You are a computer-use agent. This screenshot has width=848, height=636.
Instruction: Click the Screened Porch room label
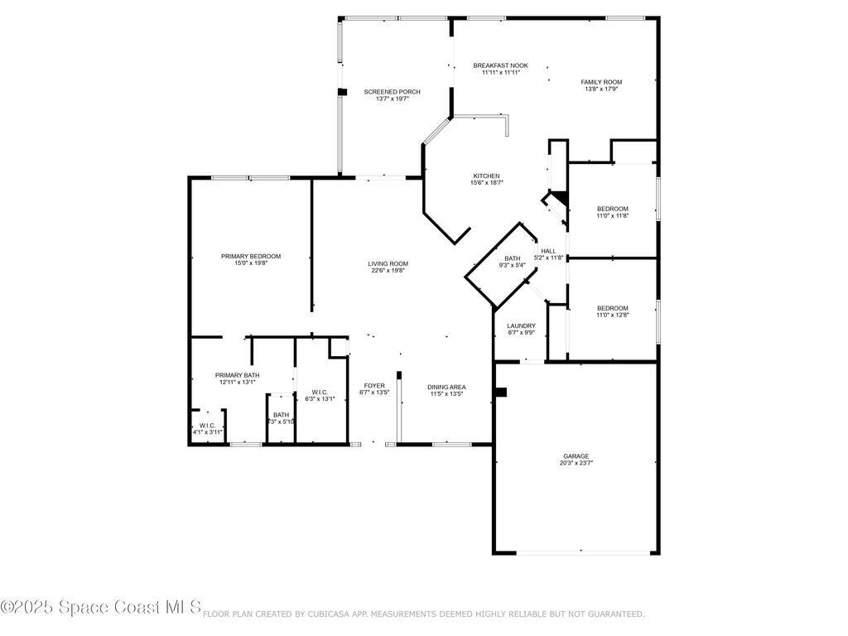pos(393,92)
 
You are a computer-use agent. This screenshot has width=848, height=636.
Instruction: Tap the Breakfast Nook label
pos(500,65)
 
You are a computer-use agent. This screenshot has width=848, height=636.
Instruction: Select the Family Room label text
pos(601,82)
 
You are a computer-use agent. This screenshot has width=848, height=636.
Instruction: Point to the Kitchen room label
pos(486,176)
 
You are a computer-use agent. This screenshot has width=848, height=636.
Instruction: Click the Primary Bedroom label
pos(250,257)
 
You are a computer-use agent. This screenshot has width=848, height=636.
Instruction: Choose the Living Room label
pos(388,264)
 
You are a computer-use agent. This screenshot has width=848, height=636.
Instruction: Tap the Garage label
pos(576,456)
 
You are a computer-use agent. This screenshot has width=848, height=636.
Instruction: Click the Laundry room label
pos(521,326)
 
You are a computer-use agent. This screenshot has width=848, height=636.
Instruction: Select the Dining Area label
pos(446,387)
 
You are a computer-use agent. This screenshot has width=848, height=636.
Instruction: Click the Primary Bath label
pos(237,375)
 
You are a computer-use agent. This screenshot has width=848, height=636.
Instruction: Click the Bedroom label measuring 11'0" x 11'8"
pos(613,209)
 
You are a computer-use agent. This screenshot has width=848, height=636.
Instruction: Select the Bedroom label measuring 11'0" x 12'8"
pos(613,308)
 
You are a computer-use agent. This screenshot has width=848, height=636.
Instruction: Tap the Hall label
pos(548,251)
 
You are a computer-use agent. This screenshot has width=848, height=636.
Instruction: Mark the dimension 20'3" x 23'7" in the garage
pos(576,463)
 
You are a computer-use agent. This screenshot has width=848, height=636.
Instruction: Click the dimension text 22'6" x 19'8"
pos(388,270)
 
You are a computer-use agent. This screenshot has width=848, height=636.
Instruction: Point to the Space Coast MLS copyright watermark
pos(100,607)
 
